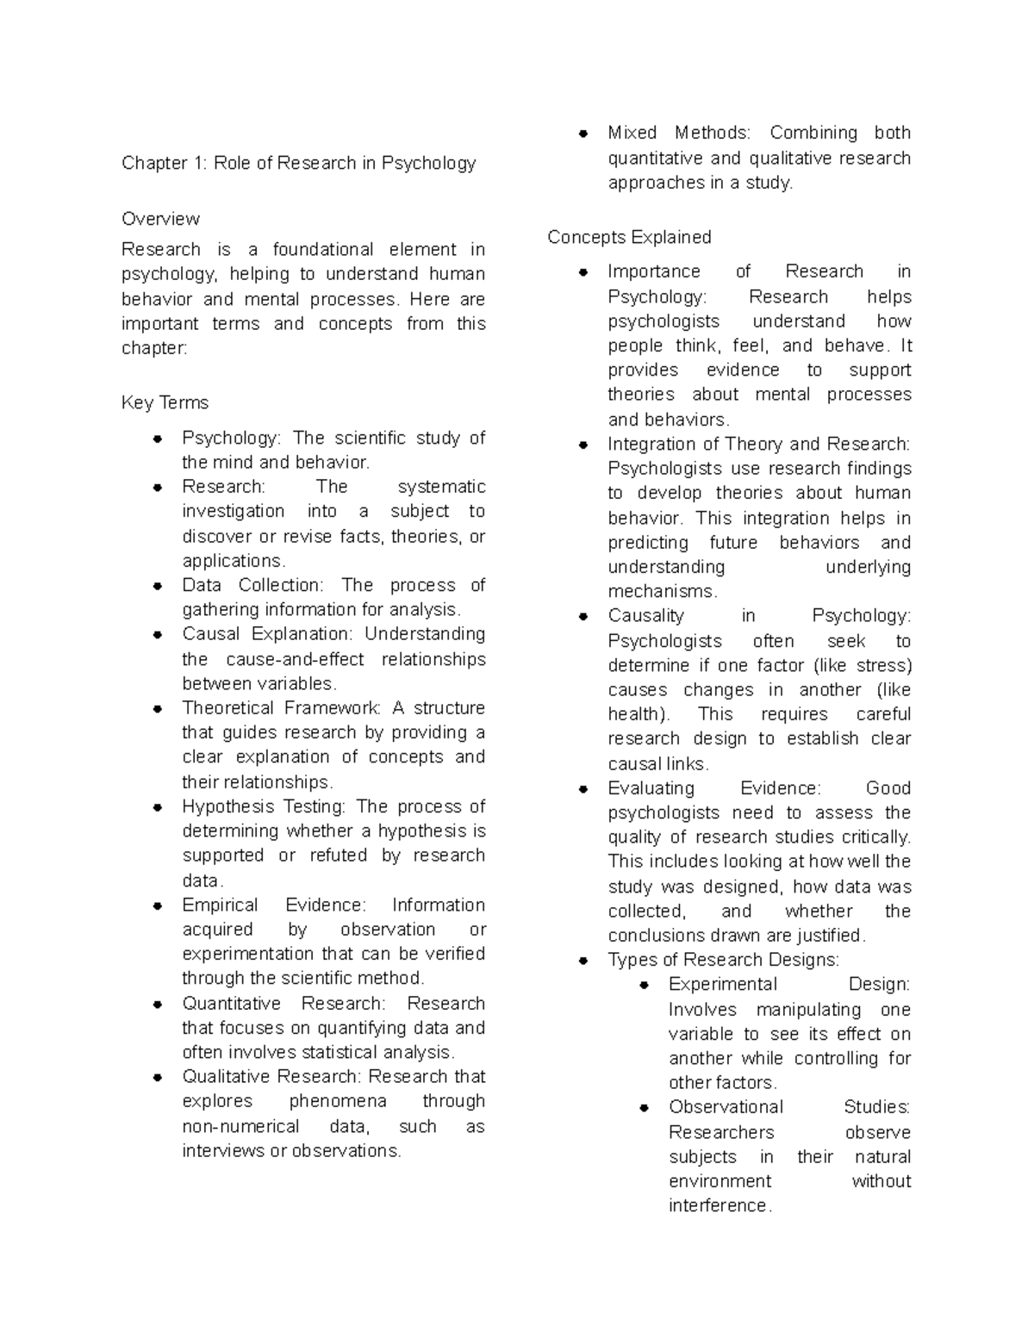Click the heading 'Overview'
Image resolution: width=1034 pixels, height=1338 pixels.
pos(160,219)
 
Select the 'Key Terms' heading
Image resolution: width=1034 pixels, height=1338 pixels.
pos(165,403)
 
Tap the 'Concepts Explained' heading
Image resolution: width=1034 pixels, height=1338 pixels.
pos(629,237)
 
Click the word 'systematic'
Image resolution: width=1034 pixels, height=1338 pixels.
pos(441,487)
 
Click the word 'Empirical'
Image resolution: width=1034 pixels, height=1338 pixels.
pos(220,905)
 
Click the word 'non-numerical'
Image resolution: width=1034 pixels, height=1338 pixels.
pos(240,1126)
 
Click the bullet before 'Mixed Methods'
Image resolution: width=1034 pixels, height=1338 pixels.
pos(583,134)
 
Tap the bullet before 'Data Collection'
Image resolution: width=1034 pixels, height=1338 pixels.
pos(158,586)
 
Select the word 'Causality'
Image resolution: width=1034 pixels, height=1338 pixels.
pos(645,616)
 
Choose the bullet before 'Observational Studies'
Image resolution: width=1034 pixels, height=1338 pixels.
pos(644,1108)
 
